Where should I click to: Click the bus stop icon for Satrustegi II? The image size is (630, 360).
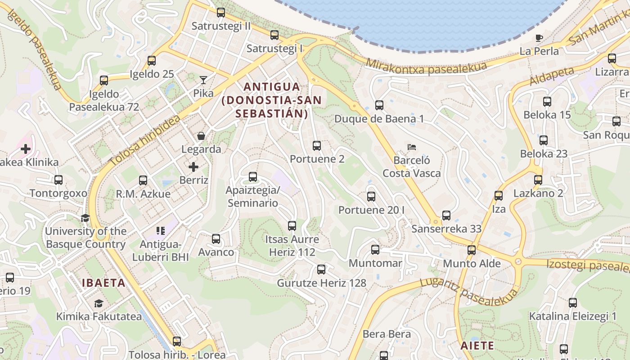pyautogui.click(x=220, y=13)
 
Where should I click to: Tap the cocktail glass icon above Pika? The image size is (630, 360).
pyautogui.click(x=203, y=80)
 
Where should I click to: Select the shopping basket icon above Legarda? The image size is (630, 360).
pyautogui.click(x=201, y=135)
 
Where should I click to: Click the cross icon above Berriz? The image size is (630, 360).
pyautogui.click(x=193, y=167)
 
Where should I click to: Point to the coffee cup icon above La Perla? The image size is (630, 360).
pyautogui.click(x=539, y=38)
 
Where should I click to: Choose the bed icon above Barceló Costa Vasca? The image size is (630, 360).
pyautogui.click(x=411, y=147)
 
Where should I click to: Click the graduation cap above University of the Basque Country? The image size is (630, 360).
pyautogui.click(x=85, y=218)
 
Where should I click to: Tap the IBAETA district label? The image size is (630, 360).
pyautogui.click(x=103, y=283)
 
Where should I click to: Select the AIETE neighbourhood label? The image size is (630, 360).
pyautogui.click(x=477, y=346)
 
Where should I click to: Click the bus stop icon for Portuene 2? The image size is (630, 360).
pyautogui.click(x=317, y=145)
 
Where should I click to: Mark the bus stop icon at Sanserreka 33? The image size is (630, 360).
pyautogui.click(x=446, y=216)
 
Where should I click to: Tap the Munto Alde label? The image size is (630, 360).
pyautogui.click(x=472, y=263)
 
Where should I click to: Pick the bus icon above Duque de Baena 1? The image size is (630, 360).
pyautogui.click(x=379, y=105)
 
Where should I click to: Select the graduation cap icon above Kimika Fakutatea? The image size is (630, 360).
pyautogui.click(x=99, y=303)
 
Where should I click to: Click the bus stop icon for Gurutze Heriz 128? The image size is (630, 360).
pyautogui.click(x=321, y=270)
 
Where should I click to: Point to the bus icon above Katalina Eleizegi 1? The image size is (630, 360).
pyautogui.click(x=572, y=303)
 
